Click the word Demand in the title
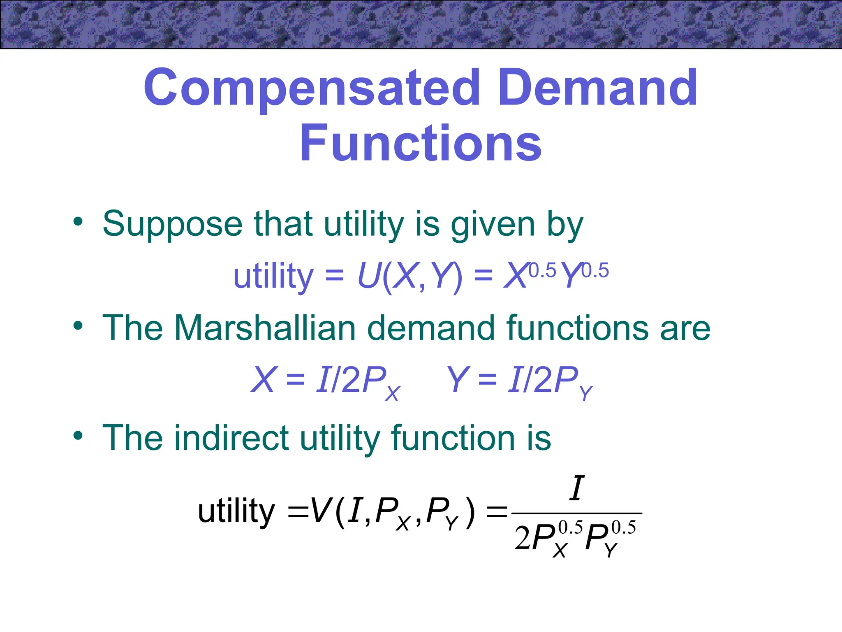pyautogui.click(x=599, y=88)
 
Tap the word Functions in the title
pyautogui.click(x=421, y=143)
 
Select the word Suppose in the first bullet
pyautogui.click(x=172, y=224)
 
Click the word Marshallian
pyautogui.click(x=265, y=328)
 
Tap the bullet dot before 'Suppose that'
pyautogui.click(x=78, y=222)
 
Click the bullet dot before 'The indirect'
pyautogui.click(x=78, y=436)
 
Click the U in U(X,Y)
pyautogui.click(x=368, y=276)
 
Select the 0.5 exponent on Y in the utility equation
pyautogui.click(x=595, y=271)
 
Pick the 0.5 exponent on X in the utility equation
pyautogui.click(x=542, y=271)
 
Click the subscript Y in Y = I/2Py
pyautogui.click(x=585, y=393)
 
